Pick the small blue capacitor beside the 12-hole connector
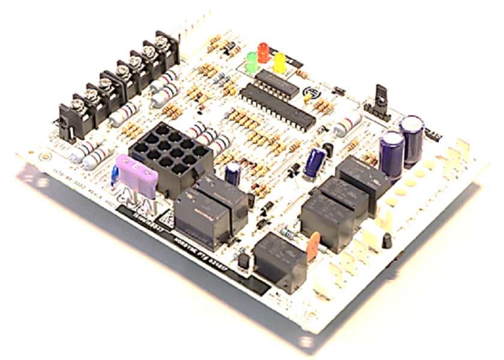coord(233,173)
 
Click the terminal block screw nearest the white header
coord(161,43)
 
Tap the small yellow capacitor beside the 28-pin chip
coord(307,97)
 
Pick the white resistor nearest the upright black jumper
coord(347,125)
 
